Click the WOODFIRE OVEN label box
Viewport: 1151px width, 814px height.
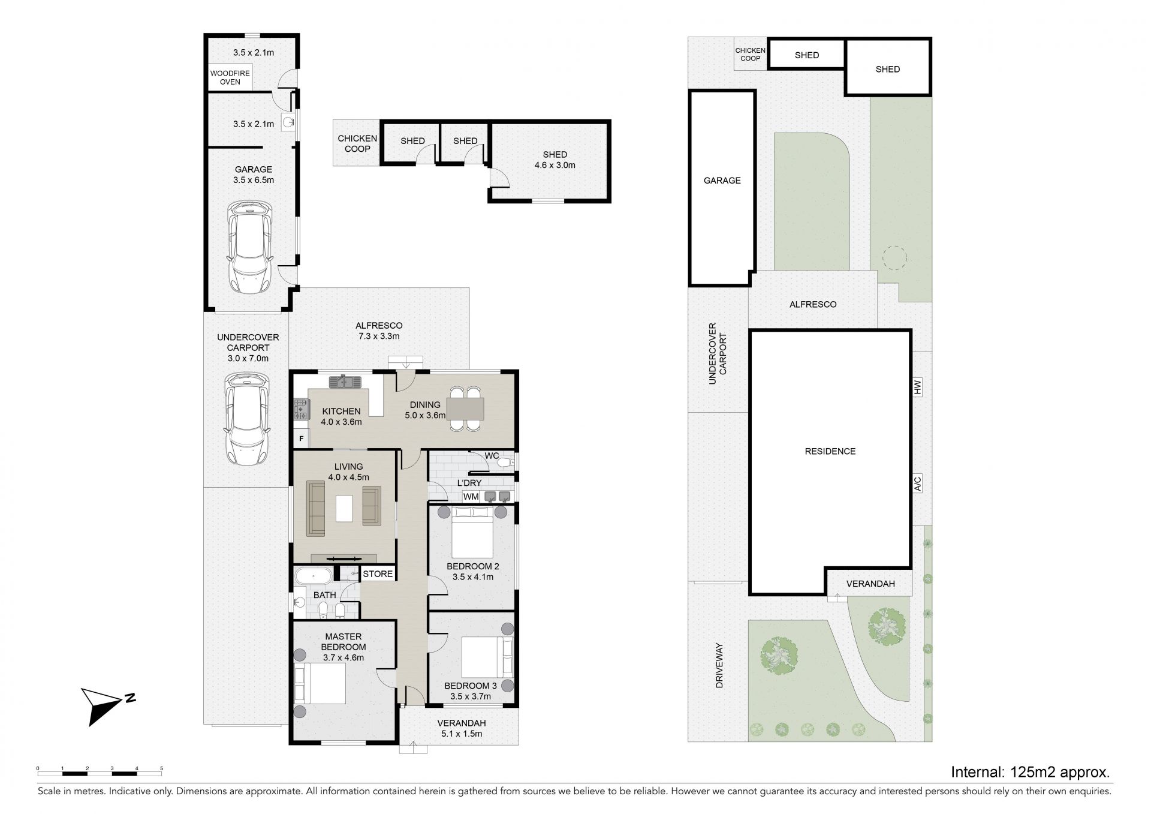pos(230,78)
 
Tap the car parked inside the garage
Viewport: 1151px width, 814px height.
pos(250,248)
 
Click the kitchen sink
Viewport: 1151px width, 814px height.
pos(344,381)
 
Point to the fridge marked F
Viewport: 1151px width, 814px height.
pos(302,438)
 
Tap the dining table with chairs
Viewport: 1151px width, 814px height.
pos(466,409)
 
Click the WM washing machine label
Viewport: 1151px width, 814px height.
pos(471,497)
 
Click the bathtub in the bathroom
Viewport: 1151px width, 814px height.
pos(313,577)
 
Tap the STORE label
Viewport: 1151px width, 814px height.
pos(378,574)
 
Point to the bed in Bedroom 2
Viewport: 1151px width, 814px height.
pos(472,532)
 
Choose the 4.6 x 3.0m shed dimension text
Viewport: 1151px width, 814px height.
pos(555,165)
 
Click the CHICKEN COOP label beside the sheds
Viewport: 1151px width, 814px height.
pos(357,143)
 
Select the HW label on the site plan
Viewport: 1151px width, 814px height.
pos(917,389)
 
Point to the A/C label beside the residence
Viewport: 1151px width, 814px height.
pos(917,484)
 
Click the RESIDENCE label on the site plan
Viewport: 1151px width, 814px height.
pos(830,451)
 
